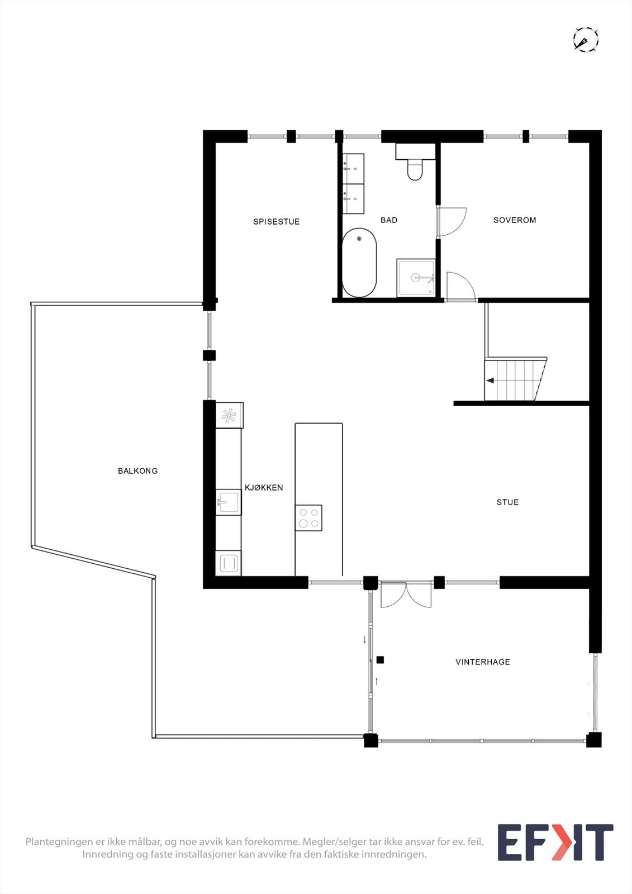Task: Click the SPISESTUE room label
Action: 276,222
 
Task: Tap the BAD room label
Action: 389,220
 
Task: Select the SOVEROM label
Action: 515,220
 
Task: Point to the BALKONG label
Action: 137,471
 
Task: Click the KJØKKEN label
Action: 264,488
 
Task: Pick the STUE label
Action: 507,502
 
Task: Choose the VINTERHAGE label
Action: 483,662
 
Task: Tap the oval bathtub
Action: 359,262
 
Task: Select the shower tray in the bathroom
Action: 416,278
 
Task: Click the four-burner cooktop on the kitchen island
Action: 308,517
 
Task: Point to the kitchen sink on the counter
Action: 229,502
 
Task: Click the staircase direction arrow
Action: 490,381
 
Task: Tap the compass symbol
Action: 586,40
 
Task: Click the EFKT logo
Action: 555,842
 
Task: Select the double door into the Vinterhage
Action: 406,594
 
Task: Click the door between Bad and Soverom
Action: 452,221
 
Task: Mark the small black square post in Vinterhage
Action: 380,660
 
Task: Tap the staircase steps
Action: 514,381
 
